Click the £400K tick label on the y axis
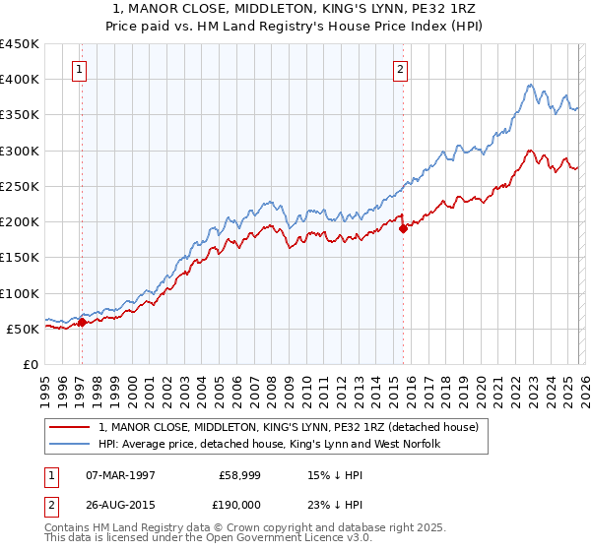click(x=20, y=80)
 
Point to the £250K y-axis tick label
click(x=20, y=186)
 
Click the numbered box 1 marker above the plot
click(x=79, y=69)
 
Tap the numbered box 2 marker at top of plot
click(x=401, y=69)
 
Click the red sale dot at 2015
click(x=403, y=229)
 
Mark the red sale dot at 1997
click(x=83, y=323)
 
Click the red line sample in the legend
click(x=71, y=427)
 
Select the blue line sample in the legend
click(x=71, y=444)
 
